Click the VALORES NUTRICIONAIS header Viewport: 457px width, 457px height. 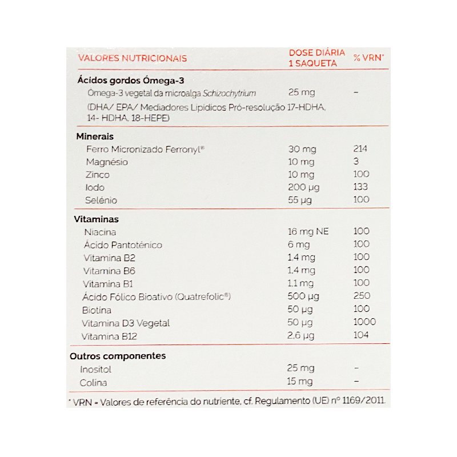coord(132,58)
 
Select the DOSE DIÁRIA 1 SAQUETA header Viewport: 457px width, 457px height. coord(316,58)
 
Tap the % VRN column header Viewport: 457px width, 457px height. coord(368,58)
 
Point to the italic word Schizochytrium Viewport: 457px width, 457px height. coord(231,93)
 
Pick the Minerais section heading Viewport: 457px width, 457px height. coord(95,137)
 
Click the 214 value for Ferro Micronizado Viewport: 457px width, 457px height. coord(360,149)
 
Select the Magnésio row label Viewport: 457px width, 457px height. coord(107,162)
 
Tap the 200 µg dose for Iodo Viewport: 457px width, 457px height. coord(304,187)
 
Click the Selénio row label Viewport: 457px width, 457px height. coord(102,201)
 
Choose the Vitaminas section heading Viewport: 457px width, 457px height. coord(97,219)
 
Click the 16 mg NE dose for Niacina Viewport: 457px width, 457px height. coord(309,231)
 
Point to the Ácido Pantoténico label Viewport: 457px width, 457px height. coord(123,244)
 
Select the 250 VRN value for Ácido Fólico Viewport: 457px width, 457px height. coord(362,296)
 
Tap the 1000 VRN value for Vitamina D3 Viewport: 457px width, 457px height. coord(364,322)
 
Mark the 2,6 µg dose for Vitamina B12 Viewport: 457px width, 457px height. coord(301,335)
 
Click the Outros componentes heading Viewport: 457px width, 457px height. coord(117,356)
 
